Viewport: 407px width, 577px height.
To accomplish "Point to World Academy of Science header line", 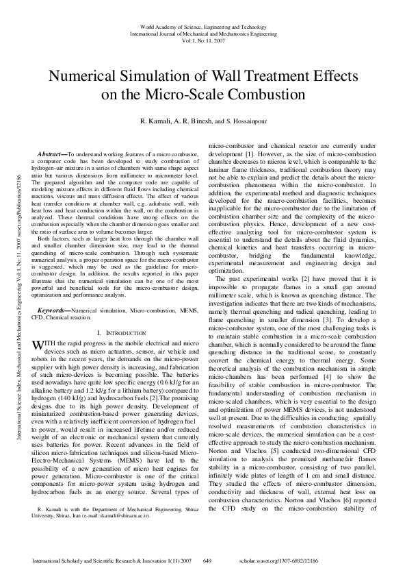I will pos(203,24).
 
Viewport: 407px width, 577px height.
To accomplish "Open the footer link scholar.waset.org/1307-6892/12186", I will pos(317,561).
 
